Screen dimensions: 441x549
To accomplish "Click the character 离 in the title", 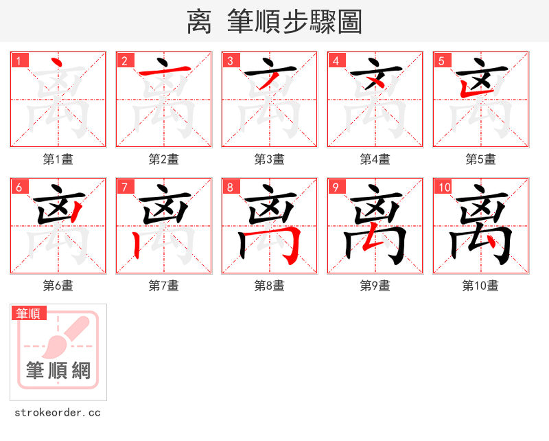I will pos(199,22).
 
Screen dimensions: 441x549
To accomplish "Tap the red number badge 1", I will pos(19,60).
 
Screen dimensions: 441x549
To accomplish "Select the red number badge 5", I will pos(441,60).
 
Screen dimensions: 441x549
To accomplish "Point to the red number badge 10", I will pos(444,187).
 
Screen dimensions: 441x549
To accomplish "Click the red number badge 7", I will pos(124,187).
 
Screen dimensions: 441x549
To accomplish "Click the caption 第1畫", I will pos(58,159).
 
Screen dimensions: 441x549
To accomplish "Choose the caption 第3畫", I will pos(270,159).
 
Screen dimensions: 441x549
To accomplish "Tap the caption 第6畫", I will pos(58,285).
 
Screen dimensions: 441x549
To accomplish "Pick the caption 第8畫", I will pos(270,285).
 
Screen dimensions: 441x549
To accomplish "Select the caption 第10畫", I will pos(480,285).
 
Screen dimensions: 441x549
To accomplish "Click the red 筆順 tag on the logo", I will pos(29,314).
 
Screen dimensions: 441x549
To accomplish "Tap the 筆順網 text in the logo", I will pos(58,372).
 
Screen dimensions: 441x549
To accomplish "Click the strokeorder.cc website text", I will pos(58,412).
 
